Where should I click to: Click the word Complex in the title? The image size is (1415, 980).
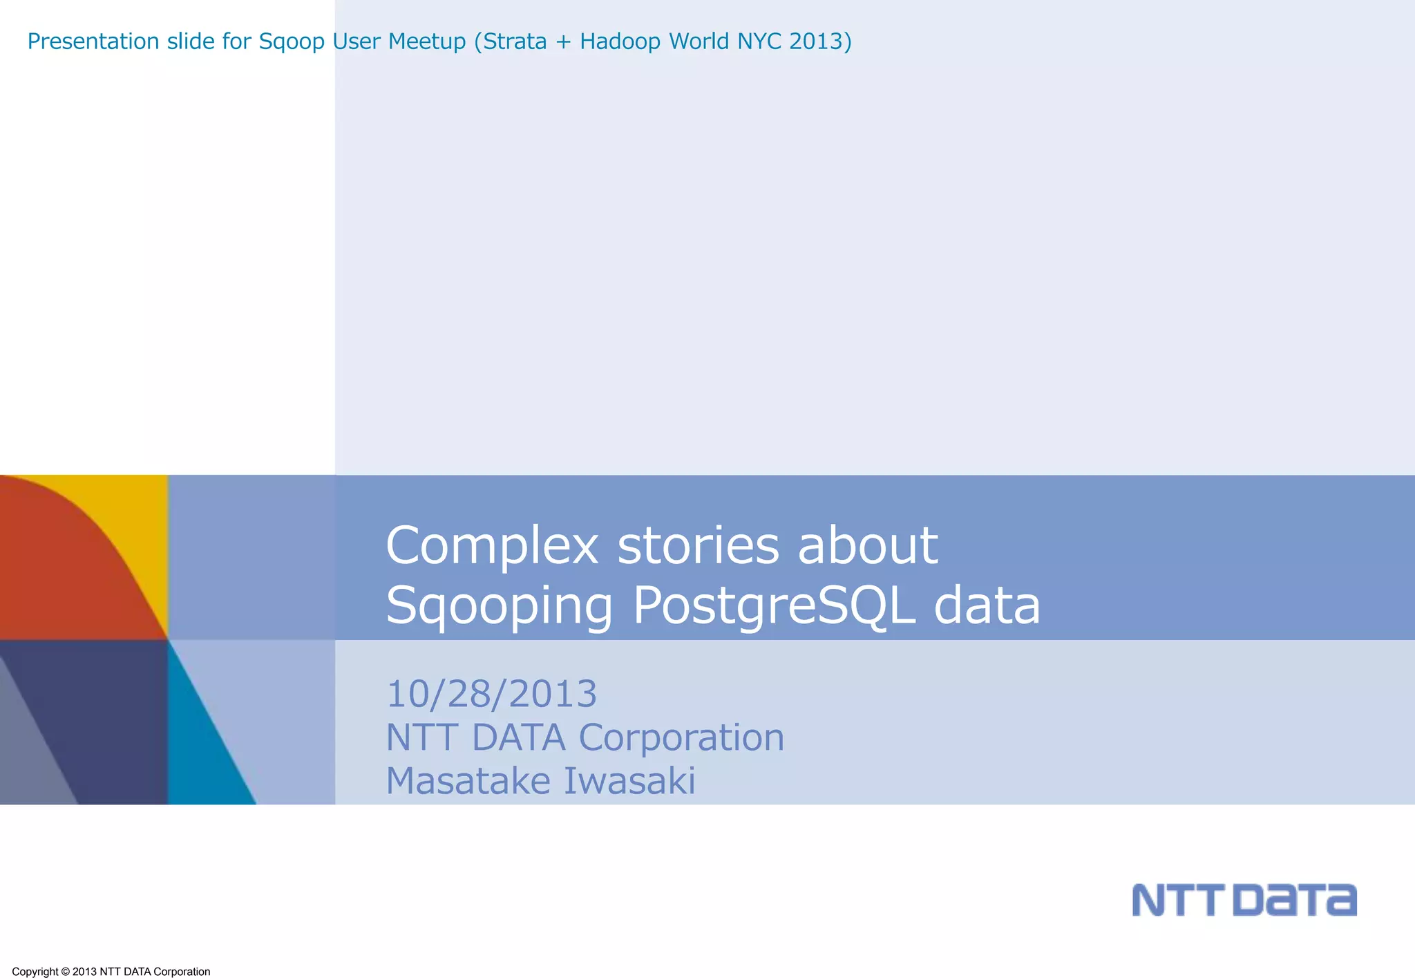pos(491,546)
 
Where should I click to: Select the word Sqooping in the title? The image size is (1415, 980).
pos(499,606)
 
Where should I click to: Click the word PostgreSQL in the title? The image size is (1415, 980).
pos(774,606)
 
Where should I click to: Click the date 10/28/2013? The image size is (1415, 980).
pos(491,694)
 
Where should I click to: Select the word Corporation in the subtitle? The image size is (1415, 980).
pos(681,737)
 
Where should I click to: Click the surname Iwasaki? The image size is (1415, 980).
pos(629,781)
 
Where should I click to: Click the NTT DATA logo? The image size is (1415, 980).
pos(1244,900)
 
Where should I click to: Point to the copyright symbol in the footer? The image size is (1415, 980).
pos(66,972)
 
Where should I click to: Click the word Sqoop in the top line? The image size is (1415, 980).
pos(292,42)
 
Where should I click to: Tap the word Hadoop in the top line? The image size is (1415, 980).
pos(620,42)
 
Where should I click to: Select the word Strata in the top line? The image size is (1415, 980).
pos(515,41)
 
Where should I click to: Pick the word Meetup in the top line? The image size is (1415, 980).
pos(427,42)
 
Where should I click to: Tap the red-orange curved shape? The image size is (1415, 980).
pos(62,567)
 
